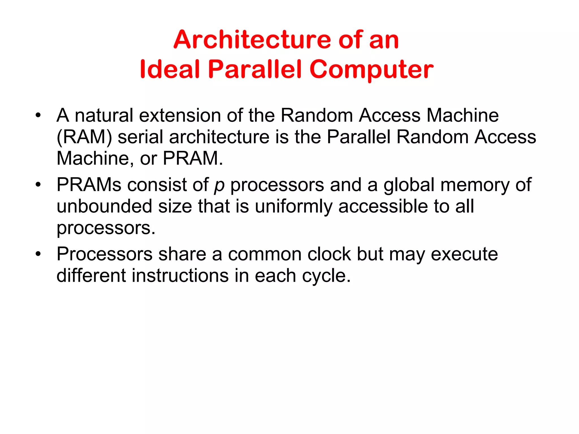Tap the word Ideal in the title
point(170,69)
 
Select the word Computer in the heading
point(371,70)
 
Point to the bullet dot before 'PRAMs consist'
point(38,185)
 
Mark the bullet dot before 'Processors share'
point(38,254)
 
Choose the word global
point(409,185)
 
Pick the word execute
point(464,254)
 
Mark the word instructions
point(180,275)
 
